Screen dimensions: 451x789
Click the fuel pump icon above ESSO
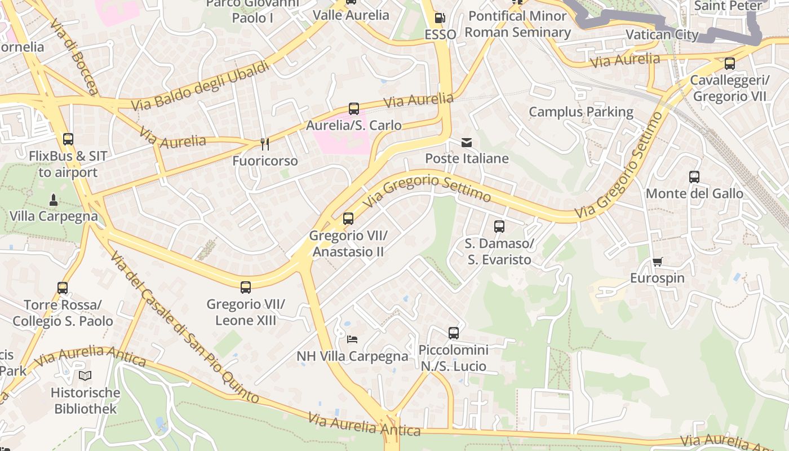coord(440,18)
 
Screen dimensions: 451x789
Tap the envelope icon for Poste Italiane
coord(467,142)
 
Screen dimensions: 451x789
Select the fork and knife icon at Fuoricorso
coord(265,145)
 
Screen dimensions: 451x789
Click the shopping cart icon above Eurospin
coord(657,262)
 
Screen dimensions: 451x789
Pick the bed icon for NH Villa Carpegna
coord(352,339)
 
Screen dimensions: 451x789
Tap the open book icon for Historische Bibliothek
coord(85,375)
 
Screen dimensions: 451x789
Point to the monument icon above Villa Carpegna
coord(54,200)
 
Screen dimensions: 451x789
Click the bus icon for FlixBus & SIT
coord(68,139)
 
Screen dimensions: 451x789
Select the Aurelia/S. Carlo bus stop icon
coord(354,109)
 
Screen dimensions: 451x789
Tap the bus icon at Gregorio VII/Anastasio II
coord(348,219)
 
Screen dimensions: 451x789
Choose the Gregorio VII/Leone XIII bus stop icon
coord(246,288)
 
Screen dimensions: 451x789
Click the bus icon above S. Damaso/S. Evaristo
coord(499,227)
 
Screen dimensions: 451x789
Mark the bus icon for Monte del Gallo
coord(694,177)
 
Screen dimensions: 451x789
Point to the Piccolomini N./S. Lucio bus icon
coord(454,333)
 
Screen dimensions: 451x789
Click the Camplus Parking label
coord(581,112)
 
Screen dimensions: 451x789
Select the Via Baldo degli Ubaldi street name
coord(200,86)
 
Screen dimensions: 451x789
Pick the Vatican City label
coord(662,34)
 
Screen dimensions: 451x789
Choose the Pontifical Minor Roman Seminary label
coord(517,24)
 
